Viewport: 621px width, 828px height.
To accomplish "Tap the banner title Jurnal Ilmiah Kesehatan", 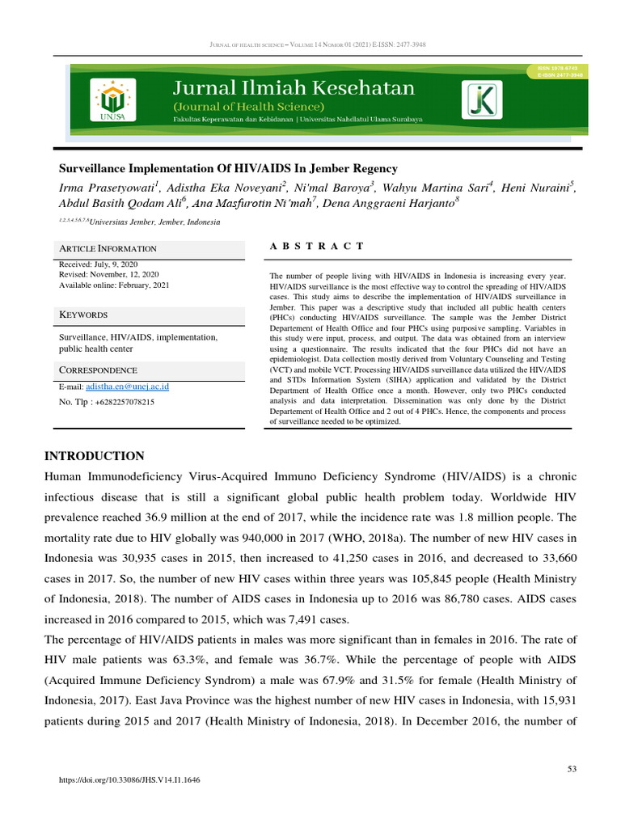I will coord(294,88).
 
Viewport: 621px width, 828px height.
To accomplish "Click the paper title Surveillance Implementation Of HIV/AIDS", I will coord(228,169).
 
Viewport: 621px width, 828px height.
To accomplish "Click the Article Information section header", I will coord(108,248).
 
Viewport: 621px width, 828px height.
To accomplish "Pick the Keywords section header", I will coord(84,315).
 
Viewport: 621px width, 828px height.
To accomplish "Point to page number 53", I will coord(572,769).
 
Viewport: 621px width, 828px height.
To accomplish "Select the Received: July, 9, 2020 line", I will coord(99,264).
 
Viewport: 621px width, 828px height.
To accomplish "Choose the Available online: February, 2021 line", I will coord(115,285).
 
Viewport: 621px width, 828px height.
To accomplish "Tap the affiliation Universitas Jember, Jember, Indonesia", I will coord(154,222).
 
